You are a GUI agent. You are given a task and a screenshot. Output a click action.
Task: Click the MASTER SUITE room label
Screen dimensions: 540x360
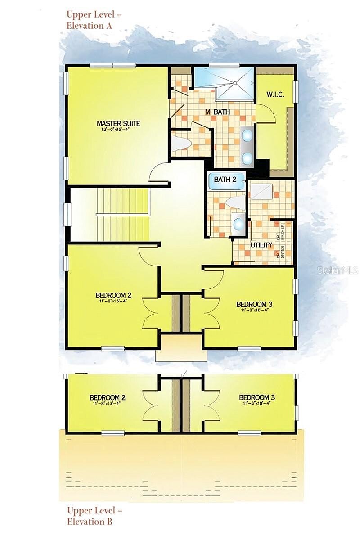118,123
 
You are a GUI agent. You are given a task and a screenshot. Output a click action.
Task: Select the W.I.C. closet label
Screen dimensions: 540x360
275,94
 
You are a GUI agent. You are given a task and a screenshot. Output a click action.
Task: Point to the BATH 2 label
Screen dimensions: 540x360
225,180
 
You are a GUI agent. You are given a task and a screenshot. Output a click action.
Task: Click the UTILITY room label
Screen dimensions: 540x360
261,245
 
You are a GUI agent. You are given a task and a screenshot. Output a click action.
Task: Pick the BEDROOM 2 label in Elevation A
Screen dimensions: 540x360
113,295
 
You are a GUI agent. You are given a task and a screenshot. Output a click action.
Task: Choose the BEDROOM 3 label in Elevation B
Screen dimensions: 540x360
257,397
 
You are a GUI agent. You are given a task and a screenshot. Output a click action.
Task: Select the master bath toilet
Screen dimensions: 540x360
182,143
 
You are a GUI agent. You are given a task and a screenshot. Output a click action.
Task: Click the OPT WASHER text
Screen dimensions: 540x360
283,232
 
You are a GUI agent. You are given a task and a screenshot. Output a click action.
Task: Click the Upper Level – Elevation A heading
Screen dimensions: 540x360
94,20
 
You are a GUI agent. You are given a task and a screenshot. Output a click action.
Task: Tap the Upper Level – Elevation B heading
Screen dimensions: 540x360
94,516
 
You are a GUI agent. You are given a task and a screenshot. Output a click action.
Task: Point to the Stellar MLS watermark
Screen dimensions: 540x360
337,270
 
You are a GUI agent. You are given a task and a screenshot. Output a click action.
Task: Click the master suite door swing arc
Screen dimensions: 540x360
158,173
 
